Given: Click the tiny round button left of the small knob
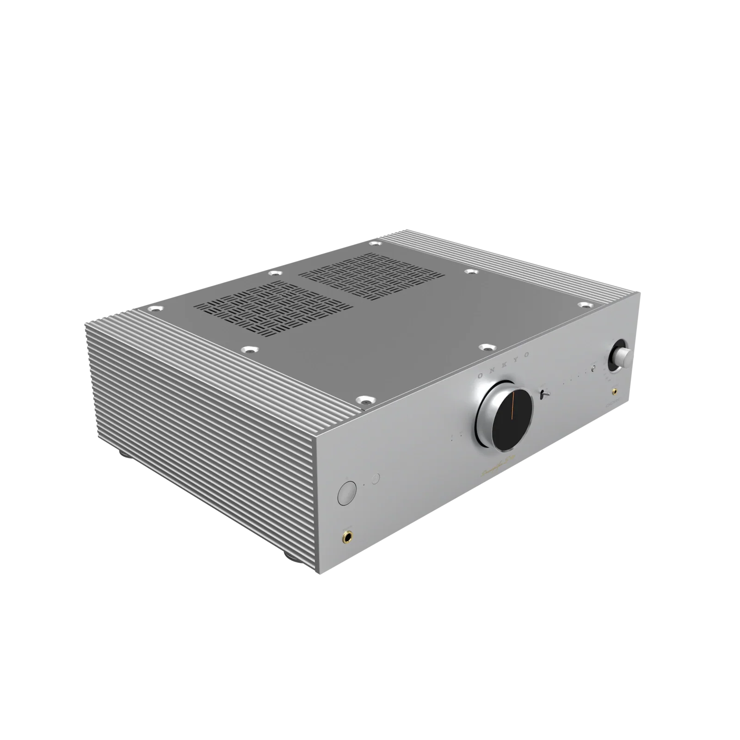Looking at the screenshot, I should click(x=592, y=369).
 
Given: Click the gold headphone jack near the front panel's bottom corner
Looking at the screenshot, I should click(x=346, y=537).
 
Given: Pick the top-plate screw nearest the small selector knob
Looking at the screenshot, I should click(x=585, y=305).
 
